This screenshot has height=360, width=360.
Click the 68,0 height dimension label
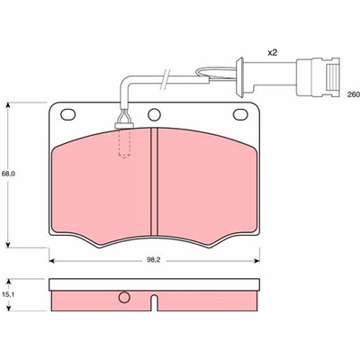pos(9,174)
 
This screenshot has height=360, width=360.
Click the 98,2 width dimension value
pos(154,260)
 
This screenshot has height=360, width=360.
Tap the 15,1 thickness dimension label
pos(9,294)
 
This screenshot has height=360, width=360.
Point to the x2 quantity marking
pos(272,53)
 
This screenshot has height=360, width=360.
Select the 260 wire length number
pos(353,94)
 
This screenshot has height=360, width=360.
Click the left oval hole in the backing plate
pos(68,114)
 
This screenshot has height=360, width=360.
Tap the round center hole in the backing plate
pos(155,114)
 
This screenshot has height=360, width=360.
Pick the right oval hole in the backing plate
pos(241,114)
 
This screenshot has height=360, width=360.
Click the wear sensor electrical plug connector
pos(318,76)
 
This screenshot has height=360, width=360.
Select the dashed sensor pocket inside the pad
pos(124,142)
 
